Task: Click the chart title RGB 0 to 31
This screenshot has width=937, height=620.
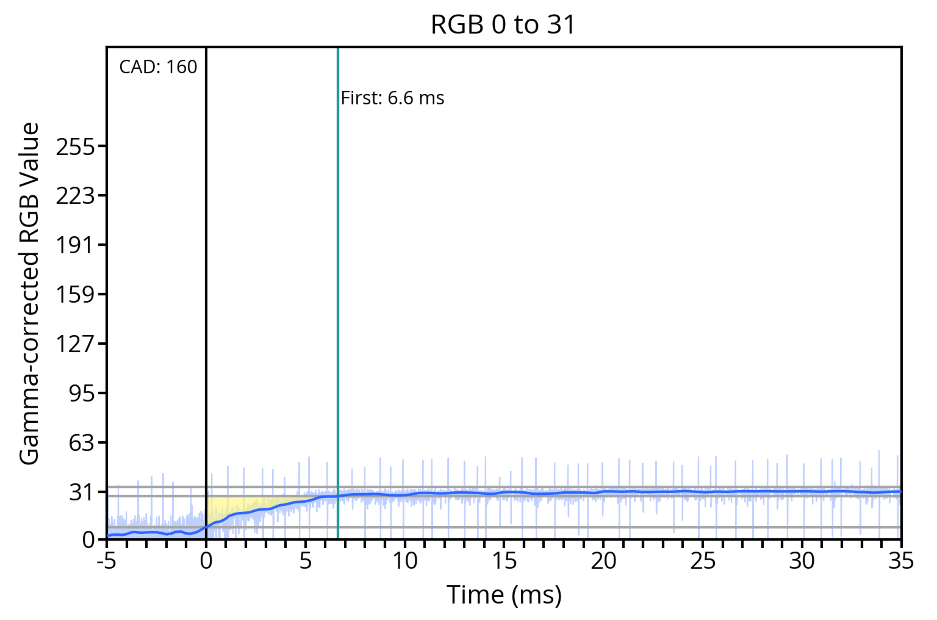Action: [503, 24]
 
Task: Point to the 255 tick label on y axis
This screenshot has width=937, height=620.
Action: [75, 147]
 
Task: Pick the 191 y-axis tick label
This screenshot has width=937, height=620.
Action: [75, 245]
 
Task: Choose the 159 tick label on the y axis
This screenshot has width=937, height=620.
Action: [75, 295]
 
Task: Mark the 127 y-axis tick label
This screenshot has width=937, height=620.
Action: [75, 344]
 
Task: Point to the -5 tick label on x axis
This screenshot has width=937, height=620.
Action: [107, 561]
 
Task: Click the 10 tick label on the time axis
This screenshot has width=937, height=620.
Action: [405, 561]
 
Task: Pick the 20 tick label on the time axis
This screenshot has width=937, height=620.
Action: [603, 561]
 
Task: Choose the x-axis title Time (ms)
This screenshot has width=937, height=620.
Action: [504, 595]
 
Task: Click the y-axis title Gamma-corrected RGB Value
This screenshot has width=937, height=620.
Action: [29, 293]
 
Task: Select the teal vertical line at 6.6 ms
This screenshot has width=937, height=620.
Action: [338, 277]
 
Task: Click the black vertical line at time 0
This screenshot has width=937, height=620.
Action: [206, 277]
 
